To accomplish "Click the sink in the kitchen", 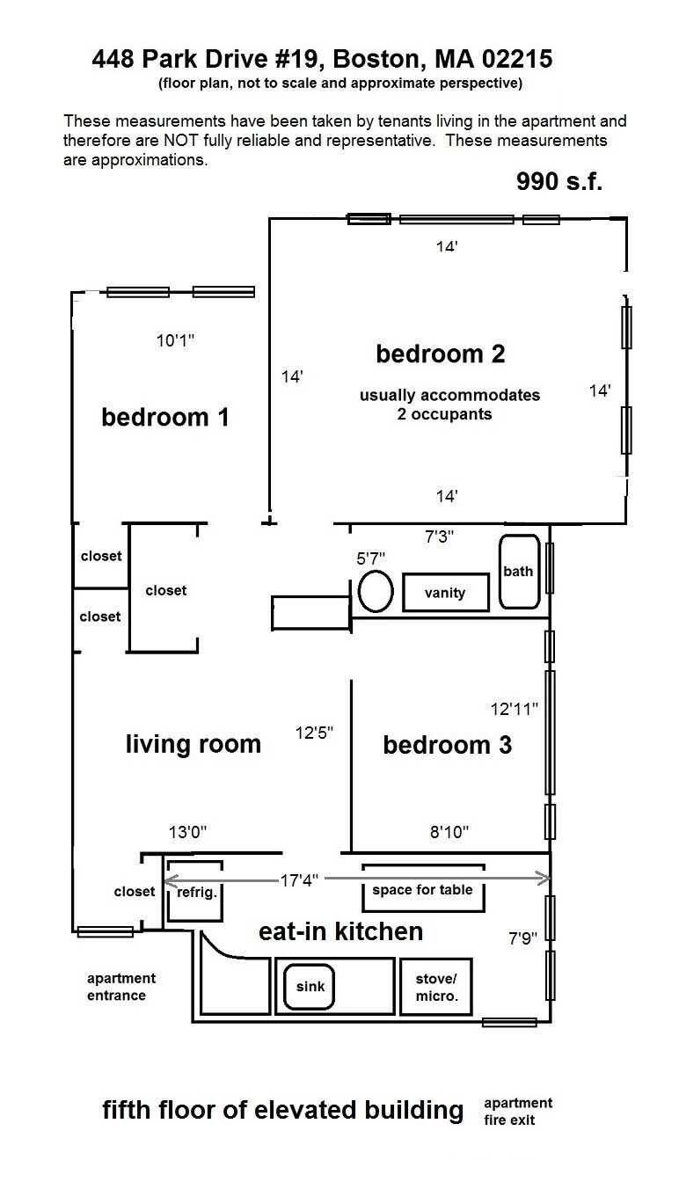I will (x=309, y=986).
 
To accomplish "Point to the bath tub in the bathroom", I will (x=518, y=572).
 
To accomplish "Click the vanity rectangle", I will (x=445, y=592).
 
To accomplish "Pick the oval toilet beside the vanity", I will (x=376, y=591).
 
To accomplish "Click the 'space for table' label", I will (x=422, y=889).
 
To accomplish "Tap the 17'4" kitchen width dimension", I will (x=300, y=879).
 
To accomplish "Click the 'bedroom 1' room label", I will (x=165, y=416).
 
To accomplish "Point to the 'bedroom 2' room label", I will (x=441, y=354).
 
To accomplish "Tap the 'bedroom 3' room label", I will (x=447, y=745).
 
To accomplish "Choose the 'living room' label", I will (x=193, y=744).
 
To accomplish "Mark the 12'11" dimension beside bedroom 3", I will (x=514, y=707).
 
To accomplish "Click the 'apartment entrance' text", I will (x=120, y=987).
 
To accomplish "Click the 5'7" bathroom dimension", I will (x=370, y=557).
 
